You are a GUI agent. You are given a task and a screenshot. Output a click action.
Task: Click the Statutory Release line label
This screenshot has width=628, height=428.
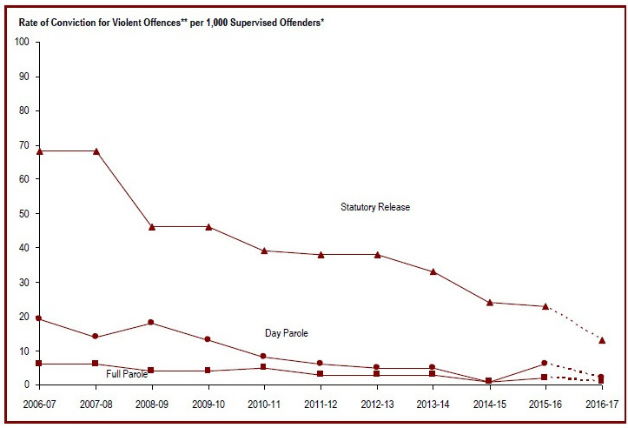pyautogui.click(x=374, y=207)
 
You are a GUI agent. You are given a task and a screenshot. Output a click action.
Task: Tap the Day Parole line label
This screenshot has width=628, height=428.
pyautogui.click(x=287, y=333)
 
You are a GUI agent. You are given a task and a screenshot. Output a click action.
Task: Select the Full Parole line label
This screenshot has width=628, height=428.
pyautogui.click(x=127, y=374)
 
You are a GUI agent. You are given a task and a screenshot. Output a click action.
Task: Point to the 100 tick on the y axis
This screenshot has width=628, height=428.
pyautogui.click(x=23, y=42)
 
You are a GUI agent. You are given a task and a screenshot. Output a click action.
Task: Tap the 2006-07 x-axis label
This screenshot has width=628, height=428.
pyautogui.click(x=39, y=405)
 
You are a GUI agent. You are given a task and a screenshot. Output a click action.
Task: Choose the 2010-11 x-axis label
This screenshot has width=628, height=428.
pyautogui.click(x=264, y=405)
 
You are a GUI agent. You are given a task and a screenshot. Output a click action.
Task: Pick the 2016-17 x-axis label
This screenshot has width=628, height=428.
pyautogui.click(x=601, y=405)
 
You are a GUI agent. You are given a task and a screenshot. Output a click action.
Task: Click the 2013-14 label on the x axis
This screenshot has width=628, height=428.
pyautogui.click(x=433, y=405)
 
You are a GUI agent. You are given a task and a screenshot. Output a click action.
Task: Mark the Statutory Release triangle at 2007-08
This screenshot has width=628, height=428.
pyautogui.click(x=96, y=150)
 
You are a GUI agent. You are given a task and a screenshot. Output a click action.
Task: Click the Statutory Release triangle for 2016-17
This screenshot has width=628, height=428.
pyautogui.click(x=601, y=339)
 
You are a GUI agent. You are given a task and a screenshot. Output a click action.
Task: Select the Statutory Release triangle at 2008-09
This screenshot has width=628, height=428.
pyautogui.click(x=152, y=226)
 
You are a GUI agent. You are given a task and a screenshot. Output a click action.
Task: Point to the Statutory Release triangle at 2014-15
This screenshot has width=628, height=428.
pyautogui.click(x=489, y=302)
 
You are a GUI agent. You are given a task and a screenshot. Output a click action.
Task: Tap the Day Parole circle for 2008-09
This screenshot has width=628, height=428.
pyautogui.click(x=152, y=323)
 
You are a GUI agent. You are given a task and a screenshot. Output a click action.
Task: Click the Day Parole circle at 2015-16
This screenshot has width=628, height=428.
pyautogui.click(x=545, y=363)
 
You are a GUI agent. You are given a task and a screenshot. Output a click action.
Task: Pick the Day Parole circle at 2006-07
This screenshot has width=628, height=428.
pyautogui.click(x=40, y=318)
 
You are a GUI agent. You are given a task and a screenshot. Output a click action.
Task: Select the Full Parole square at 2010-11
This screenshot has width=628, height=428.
pyautogui.click(x=264, y=367)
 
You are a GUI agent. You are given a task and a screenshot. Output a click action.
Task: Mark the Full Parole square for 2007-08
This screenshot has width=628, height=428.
pyautogui.click(x=96, y=364)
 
